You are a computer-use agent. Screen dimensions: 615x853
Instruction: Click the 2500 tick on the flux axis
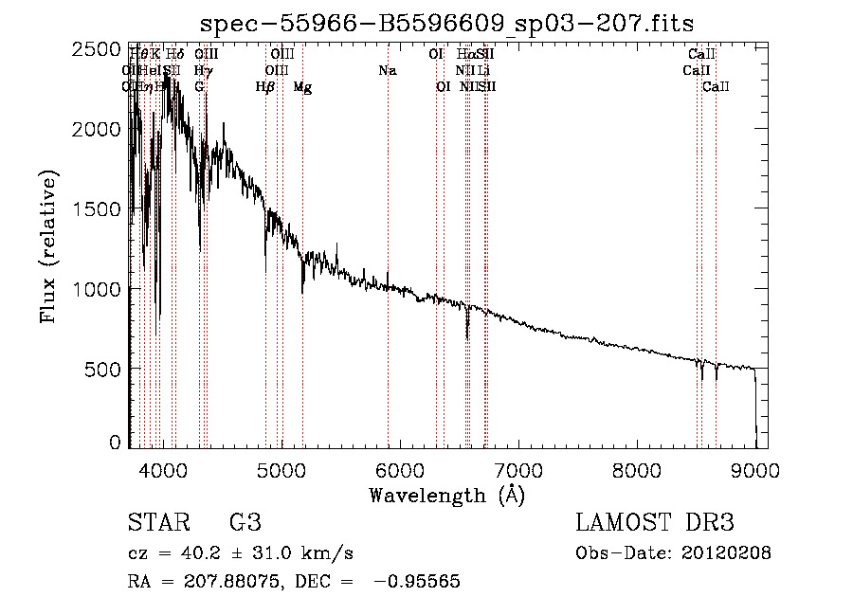pos(98,49)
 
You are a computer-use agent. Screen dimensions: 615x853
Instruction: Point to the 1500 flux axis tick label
pos(98,208)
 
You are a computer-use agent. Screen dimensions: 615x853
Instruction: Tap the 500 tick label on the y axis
pos(107,368)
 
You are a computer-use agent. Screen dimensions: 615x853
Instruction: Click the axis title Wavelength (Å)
pos(447,495)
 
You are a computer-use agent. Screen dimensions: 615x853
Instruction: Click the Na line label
pos(387,71)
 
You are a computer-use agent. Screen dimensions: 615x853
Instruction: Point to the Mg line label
pos(302,87)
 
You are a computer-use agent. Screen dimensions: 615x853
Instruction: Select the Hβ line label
pos(265,87)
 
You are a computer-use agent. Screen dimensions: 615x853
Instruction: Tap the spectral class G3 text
pos(245,523)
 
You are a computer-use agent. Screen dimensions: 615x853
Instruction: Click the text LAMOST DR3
pos(655,523)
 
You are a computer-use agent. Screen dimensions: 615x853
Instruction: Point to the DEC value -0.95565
pos(417,582)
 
